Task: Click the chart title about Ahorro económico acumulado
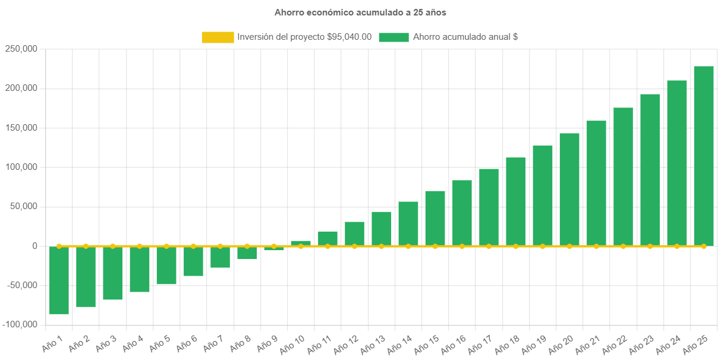coord(360,12)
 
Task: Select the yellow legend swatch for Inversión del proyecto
coord(218,37)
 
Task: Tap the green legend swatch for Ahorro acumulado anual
coord(393,37)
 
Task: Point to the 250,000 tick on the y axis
coord(21,49)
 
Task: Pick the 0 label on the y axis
coord(35,246)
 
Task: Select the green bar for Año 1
coord(59,280)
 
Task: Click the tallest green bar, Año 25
coord(704,156)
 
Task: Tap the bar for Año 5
coord(166,265)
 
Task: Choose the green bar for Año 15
coord(435,218)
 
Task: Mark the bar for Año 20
coord(569,190)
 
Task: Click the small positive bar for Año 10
coord(301,243)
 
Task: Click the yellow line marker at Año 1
coord(59,246)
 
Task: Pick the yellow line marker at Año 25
coord(704,246)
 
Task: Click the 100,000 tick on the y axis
coord(21,167)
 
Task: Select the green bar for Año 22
coord(623,176)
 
